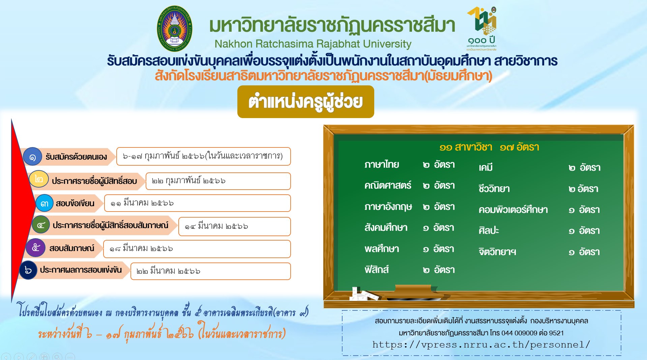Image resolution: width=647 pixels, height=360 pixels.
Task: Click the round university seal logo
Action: pyautogui.click(x=174, y=29)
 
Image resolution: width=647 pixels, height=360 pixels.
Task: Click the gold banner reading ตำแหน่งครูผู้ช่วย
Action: pyautogui.click(x=305, y=102)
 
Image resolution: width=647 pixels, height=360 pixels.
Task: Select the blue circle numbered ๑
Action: pyautogui.click(x=32, y=157)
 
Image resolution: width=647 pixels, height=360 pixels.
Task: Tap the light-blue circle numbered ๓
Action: pyautogui.click(x=45, y=203)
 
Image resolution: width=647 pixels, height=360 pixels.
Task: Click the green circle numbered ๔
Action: pyautogui.click(x=41, y=225)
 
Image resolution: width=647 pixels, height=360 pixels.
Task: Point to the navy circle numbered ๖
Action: pyautogui.click(x=28, y=270)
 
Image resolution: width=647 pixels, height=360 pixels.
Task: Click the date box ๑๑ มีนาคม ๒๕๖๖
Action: pyautogui.click(x=197, y=203)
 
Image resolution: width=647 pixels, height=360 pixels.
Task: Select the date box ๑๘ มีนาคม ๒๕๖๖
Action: pyautogui.click(x=197, y=249)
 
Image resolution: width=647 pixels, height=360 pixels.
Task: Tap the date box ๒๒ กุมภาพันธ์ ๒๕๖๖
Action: pyautogui.click(x=218, y=181)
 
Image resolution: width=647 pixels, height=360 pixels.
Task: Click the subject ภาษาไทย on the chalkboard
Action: pyautogui.click(x=382, y=165)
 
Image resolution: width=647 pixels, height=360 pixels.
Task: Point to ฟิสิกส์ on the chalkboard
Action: pyautogui.click(x=377, y=270)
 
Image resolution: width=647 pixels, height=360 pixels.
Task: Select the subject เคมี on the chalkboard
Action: pyautogui.click(x=486, y=167)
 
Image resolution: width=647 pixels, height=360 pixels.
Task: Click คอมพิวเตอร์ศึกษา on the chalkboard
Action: pyautogui.click(x=513, y=210)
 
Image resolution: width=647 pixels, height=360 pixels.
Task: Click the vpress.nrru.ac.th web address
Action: pyautogui.click(x=481, y=344)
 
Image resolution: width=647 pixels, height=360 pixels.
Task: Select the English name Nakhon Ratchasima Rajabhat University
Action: pyautogui.click(x=313, y=44)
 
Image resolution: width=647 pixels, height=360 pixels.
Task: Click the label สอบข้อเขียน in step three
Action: pyautogui.click(x=75, y=203)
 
